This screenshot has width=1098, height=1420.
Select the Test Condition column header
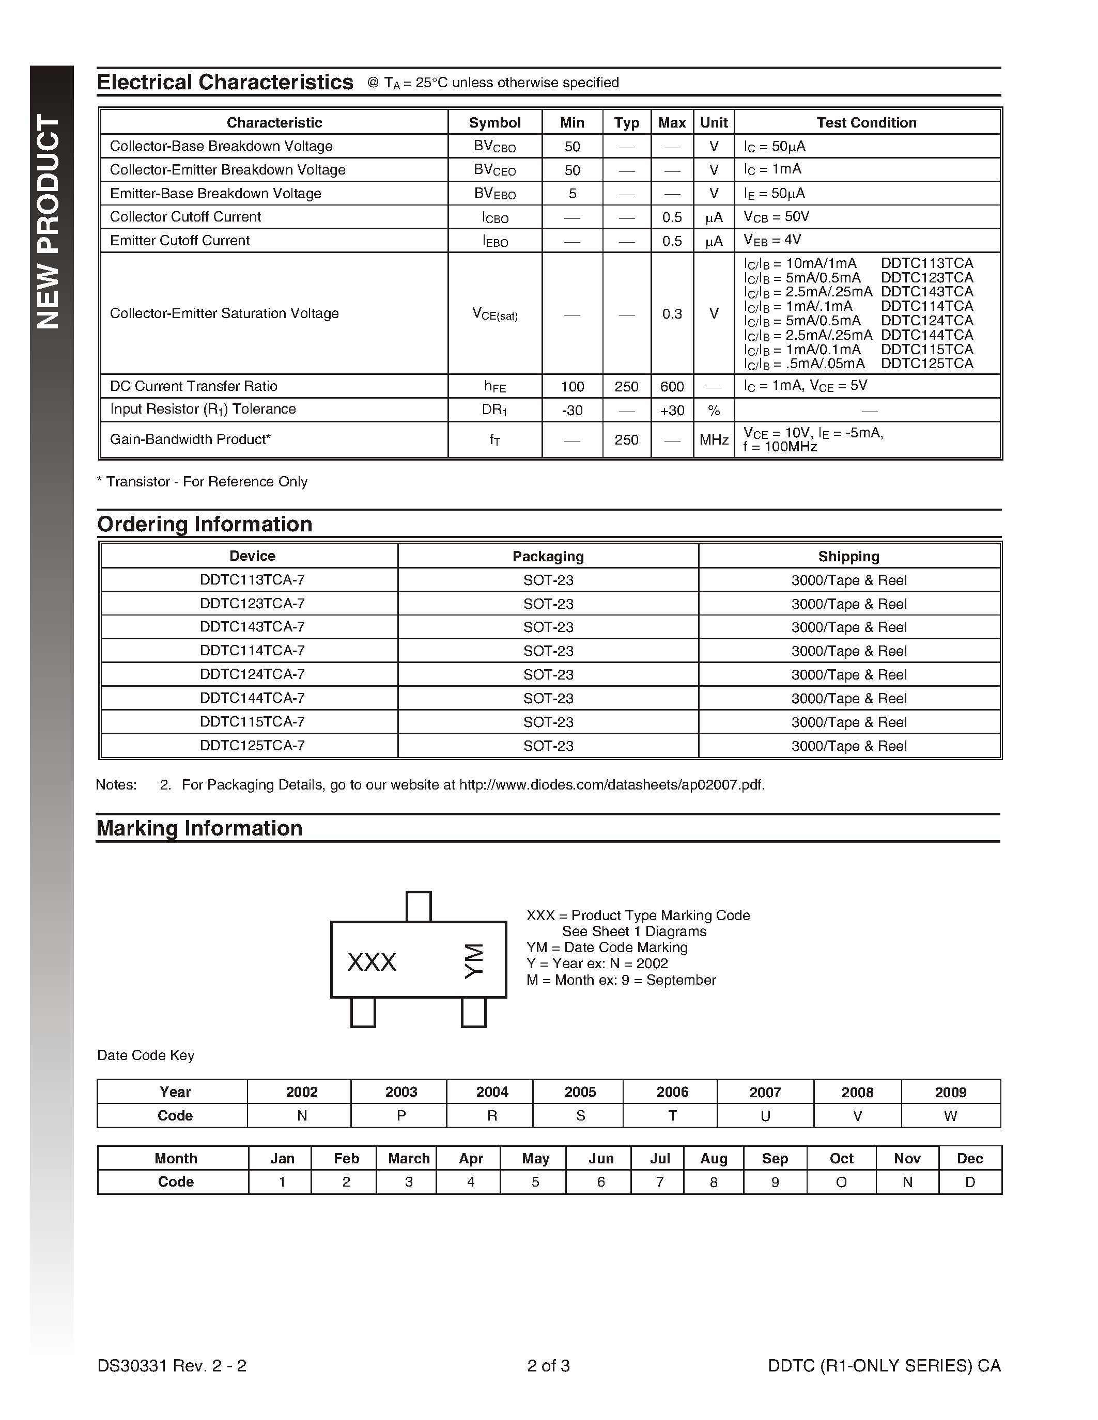866,122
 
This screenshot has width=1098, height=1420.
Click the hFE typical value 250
626,386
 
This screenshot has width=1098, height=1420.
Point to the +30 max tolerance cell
671,411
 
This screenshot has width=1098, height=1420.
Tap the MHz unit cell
714,440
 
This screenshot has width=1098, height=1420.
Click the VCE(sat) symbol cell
494,314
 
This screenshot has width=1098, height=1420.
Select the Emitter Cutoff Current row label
179,241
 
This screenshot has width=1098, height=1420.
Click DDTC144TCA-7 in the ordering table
252,698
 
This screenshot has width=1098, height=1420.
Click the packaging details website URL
611,785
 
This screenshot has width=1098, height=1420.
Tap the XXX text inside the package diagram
372,963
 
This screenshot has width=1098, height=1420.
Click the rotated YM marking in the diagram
474,961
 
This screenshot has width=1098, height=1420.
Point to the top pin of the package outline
418,906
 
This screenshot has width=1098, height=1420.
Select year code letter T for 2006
672,1116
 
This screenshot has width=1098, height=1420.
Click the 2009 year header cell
950,1092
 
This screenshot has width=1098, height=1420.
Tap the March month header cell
409,1159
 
